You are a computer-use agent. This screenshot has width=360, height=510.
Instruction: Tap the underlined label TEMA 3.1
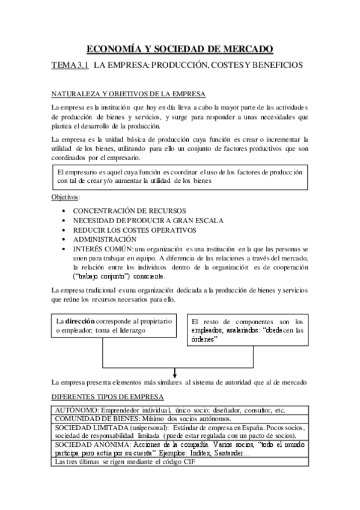click(x=70, y=65)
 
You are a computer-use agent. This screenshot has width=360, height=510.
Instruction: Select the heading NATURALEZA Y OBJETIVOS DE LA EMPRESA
click(x=129, y=94)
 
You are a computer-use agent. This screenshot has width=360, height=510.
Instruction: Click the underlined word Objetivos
click(x=66, y=197)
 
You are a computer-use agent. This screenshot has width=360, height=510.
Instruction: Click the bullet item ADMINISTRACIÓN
click(x=105, y=239)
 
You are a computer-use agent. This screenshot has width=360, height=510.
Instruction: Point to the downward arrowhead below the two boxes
click(x=174, y=372)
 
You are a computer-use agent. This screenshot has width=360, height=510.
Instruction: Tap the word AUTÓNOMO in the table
click(x=76, y=410)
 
